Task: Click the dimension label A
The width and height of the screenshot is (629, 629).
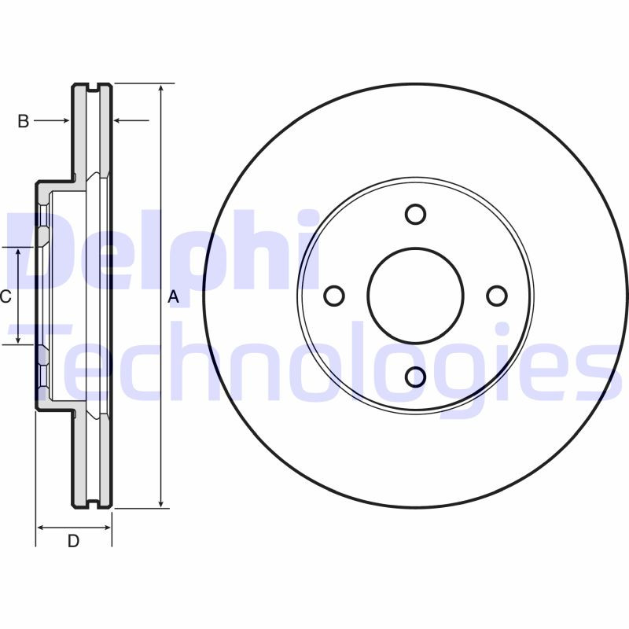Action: [175, 297]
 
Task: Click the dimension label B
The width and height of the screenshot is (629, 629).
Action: [24, 120]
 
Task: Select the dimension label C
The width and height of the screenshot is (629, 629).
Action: [5, 296]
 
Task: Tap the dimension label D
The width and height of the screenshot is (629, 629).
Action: [73, 542]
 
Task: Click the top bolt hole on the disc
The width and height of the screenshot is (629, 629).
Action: [415, 214]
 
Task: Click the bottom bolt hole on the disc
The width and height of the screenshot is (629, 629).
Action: [415, 377]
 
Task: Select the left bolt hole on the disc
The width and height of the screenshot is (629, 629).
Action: [334, 296]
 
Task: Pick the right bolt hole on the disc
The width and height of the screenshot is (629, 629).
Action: [497, 296]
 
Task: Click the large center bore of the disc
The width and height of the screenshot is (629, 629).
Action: [415, 296]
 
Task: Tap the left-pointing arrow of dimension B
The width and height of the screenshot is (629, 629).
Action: [119, 120]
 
